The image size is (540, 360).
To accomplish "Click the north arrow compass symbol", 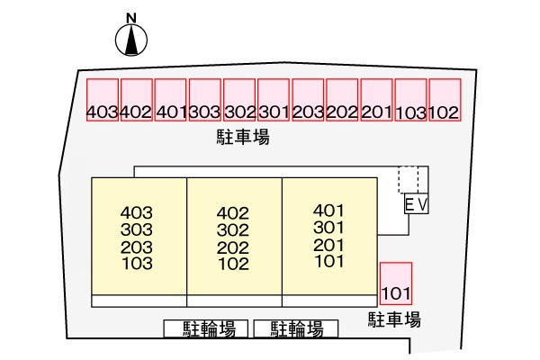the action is click(131, 40).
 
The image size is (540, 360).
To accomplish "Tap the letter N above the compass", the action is click(131, 18).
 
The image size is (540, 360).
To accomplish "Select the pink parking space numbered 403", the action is click(103, 100).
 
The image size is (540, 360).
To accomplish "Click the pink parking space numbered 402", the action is click(137, 100).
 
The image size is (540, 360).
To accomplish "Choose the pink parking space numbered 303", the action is click(205, 100).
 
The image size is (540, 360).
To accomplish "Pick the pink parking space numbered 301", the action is click(274, 100).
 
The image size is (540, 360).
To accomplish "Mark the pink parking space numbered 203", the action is click(308, 100).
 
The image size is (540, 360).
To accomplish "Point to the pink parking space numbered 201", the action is click(377, 100).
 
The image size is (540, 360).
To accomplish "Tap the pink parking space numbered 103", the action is click(411, 100).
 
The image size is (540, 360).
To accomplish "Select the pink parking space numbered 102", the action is click(445, 100).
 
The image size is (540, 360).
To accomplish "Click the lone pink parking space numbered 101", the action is click(396, 283).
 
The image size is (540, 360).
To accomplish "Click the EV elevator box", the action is click(417, 203).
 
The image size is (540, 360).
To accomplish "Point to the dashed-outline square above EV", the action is click(409, 180).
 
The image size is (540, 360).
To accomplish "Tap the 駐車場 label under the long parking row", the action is click(243, 137).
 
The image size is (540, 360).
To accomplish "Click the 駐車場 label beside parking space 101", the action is click(395, 319).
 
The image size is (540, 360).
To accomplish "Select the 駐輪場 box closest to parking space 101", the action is click(296, 328).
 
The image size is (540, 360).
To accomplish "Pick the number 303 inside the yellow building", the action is click(137, 229).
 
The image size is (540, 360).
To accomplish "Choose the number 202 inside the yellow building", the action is click(233, 247).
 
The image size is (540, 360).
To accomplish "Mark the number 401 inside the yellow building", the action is click(328, 210).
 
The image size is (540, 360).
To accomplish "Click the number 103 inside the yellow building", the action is click(137, 264).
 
